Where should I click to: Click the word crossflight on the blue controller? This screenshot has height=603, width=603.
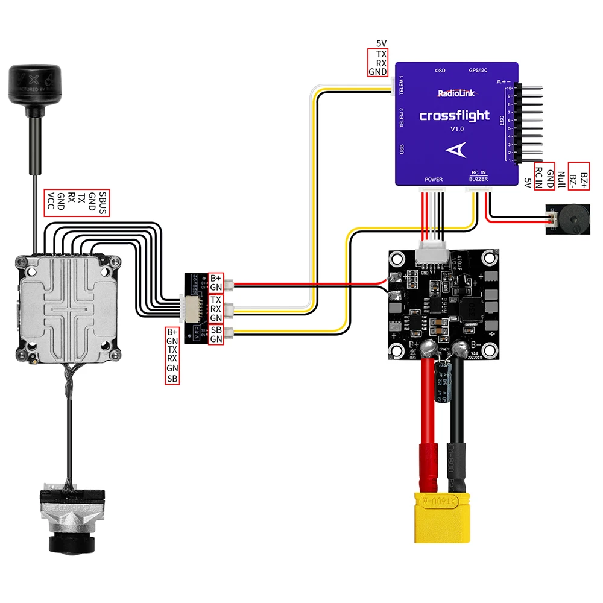tap(454, 116)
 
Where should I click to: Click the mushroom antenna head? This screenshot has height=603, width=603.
tap(34, 84)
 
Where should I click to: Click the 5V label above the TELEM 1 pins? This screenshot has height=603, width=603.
tap(381, 43)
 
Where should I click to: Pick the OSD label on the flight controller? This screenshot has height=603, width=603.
tap(440, 71)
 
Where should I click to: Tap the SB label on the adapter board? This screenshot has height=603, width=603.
tap(216, 329)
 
